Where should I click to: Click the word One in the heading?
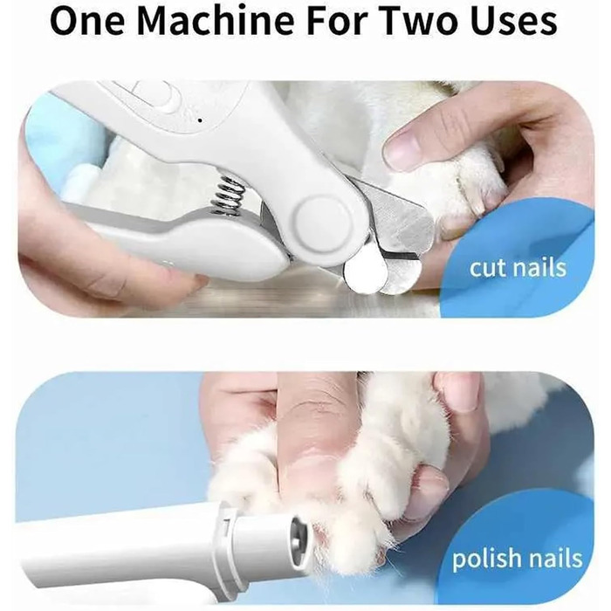(x=87, y=21)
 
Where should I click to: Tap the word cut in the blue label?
(x=489, y=268)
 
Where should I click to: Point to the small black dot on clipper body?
(x=200, y=120)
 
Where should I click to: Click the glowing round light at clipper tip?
(x=366, y=273)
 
